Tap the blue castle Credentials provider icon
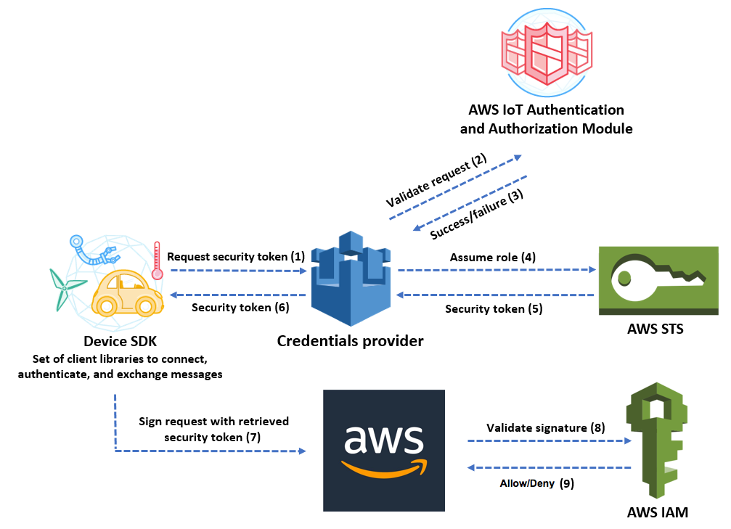point(350,279)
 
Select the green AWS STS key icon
point(658,280)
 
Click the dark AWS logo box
point(384,450)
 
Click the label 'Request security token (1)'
point(236,257)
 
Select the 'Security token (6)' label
point(240,307)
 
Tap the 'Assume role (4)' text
point(493,257)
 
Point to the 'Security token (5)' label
point(494,308)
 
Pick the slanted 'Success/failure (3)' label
point(476,214)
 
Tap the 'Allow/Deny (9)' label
point(536,483)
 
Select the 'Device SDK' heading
point(120,340)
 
